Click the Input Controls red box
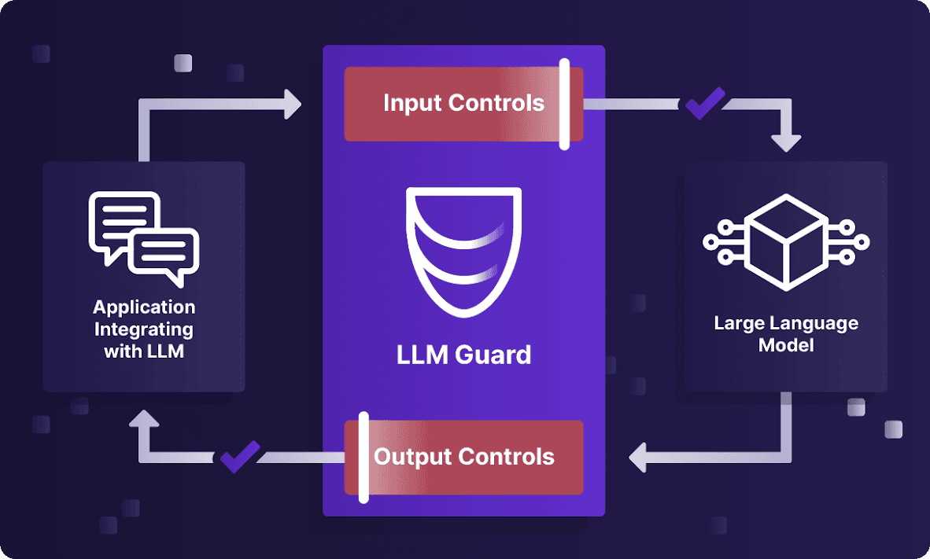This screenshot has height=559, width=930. point(463,104)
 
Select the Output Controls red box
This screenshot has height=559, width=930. point(463,457)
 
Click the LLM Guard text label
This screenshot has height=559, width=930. point(463,355)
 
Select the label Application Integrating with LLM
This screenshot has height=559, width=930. point(144,329)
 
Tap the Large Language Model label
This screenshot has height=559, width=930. point(786,334)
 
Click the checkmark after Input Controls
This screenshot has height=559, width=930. point(705,103)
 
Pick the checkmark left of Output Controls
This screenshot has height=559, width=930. point(239,457)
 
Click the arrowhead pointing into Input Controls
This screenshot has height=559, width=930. point(292,104)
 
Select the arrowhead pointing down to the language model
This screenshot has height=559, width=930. point(786,142)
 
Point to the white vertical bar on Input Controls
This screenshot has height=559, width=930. point(564,104)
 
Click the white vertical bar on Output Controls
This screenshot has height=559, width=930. point(364,457)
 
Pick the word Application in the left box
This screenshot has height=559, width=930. point(144,307)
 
